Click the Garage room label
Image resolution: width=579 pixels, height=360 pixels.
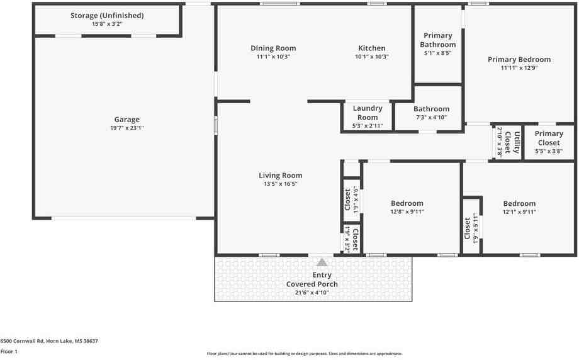[127, 119]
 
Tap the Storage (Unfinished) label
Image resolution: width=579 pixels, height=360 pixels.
[107, 16]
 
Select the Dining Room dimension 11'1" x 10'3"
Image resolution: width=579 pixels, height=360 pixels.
[273, 57]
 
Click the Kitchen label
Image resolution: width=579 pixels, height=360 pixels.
[372, 48]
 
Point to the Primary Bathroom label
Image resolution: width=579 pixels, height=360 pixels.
[438, 40]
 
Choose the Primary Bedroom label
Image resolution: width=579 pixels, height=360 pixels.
[519, 59]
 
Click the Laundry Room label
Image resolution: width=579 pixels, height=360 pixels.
[368, 113]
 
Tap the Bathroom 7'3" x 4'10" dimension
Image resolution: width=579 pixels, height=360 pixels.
[431, 118]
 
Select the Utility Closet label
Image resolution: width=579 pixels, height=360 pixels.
[512, 142]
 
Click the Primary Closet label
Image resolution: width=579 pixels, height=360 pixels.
[549, 138]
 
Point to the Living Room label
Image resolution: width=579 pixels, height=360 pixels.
[280, 176]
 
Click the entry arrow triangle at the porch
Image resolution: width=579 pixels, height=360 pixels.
[322, 262]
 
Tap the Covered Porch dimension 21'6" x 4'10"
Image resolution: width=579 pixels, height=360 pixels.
[312, 293]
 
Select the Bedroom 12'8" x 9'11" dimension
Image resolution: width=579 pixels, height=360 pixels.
[407, 211]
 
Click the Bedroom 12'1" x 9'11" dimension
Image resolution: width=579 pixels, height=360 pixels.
[519, 212]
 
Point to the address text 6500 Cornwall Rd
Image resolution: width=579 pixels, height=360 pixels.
[22, 341]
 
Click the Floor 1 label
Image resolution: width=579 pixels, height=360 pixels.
[9, 352]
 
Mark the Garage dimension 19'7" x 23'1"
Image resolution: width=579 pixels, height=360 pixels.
[127, 128]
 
